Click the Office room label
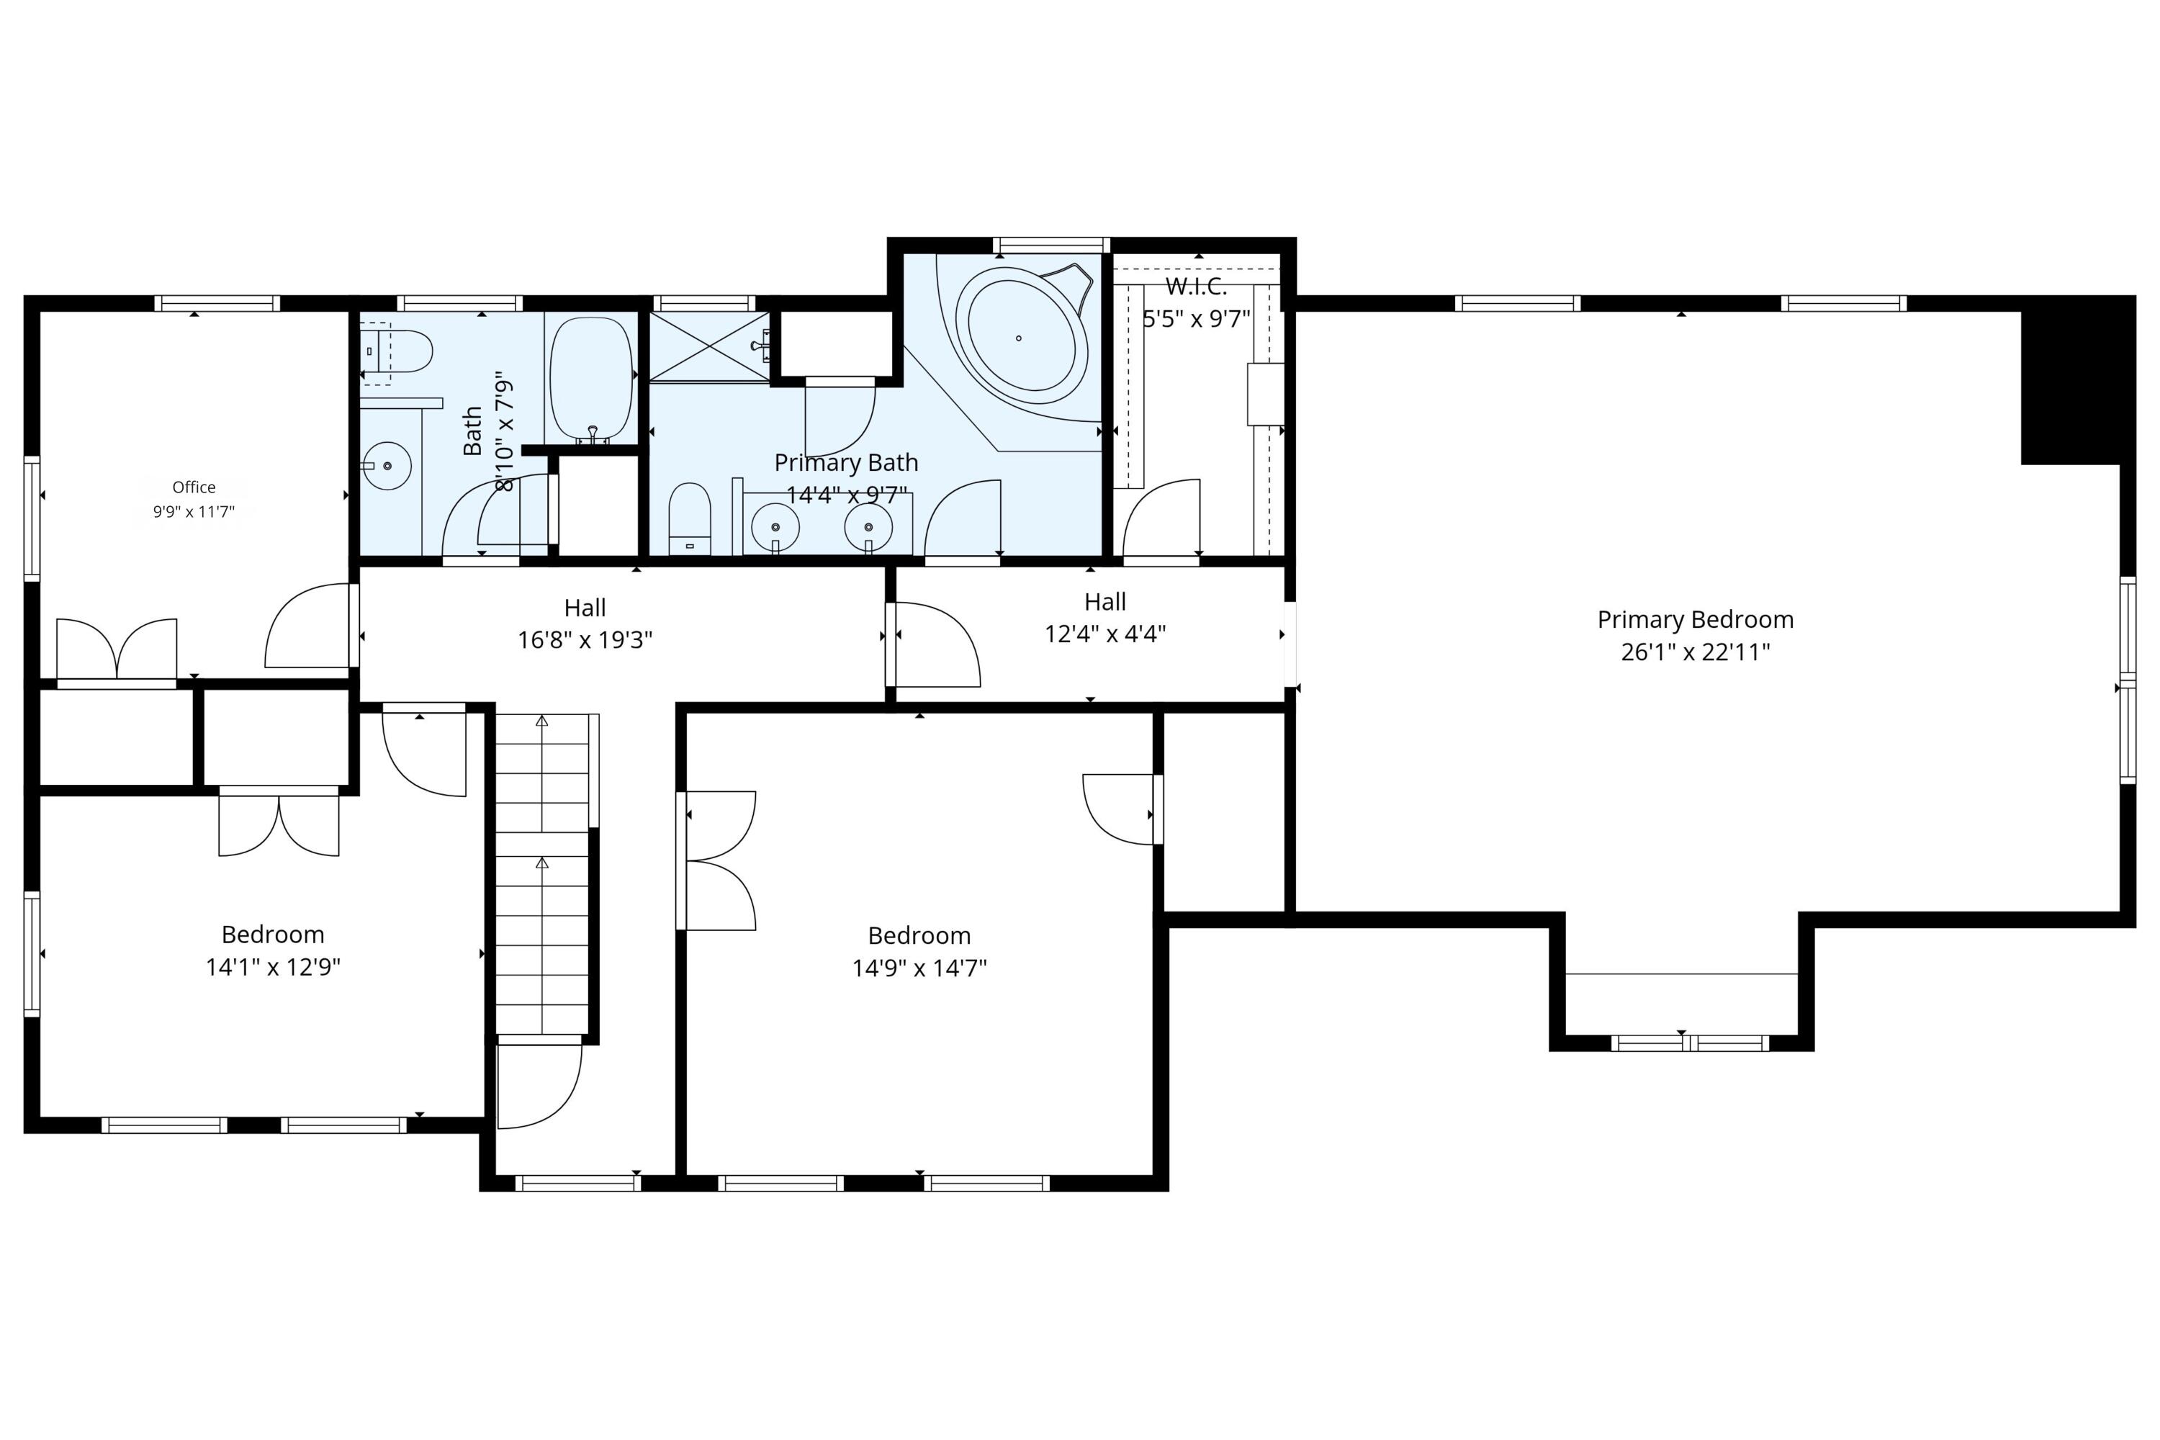[x=194, y=487]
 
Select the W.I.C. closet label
[x=1196, y=287]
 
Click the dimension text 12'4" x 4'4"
[x=1104, y=634]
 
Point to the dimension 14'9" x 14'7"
[x=919, y=968]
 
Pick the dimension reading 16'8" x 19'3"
[x=585, y=639]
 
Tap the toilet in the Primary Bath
[x=690, y=520]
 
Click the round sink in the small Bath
[x=387, y=466]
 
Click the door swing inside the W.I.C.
[x=1161, y=518]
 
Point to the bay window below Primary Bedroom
[x=1690, y=1043]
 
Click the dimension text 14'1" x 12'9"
[x=273, y=967]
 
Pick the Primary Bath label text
[x=846, y=463]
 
